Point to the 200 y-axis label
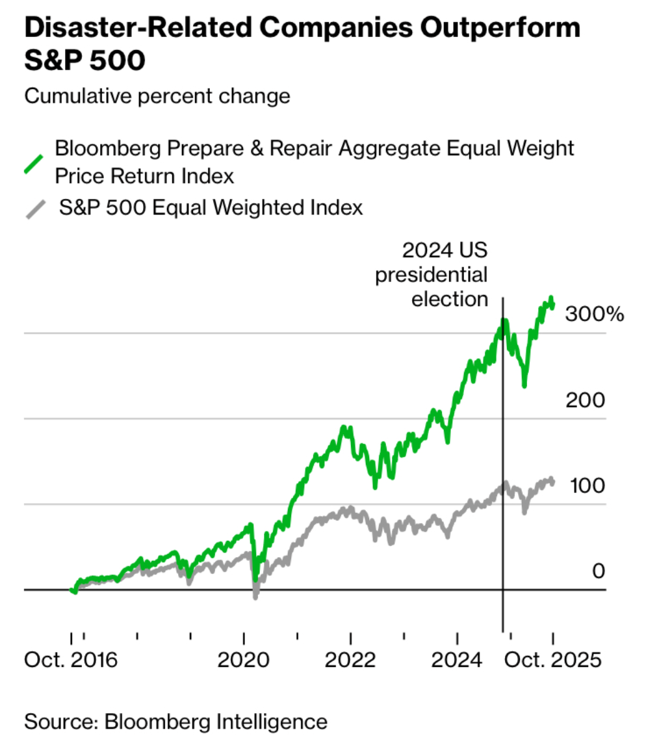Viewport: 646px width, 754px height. click(585, 400)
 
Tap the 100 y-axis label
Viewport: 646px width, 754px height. click(587, 486)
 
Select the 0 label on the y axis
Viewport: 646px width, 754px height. click(599, 571)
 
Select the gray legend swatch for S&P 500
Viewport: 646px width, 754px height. click(36, 209)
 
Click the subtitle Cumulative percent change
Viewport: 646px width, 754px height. click(157, 96)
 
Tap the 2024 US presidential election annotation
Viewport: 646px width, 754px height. click(431, 274)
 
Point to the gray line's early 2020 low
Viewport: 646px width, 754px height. click(255, 597)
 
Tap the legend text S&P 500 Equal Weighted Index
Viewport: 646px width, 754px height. click(211, 208)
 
